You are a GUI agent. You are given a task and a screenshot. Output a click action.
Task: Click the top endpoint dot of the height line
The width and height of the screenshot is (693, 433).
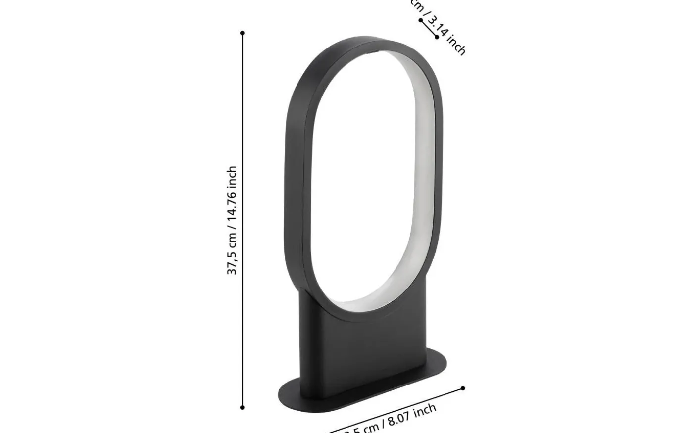pos(242,33)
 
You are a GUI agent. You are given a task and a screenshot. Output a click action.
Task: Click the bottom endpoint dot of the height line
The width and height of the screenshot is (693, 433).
pos(242,407)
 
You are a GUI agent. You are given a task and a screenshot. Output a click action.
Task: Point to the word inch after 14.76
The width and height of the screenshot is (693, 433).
pos(232,175)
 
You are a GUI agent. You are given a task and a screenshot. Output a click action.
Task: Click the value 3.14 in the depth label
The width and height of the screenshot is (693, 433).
pos(438,27)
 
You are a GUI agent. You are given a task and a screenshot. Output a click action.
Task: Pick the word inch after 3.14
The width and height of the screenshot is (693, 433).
pos(456,46)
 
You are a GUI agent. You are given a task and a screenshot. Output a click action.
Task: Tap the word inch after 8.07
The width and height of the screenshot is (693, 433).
pos(425,410)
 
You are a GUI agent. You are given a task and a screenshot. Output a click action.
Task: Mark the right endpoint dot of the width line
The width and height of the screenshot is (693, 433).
pos(463,388)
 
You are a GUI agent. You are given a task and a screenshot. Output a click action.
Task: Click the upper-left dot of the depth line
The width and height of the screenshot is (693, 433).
pos(421,20)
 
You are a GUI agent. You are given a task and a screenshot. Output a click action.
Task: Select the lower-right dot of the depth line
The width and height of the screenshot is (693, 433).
pos(437,37)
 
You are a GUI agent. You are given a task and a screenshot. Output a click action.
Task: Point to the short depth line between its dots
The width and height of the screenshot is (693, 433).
pos(429,28)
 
